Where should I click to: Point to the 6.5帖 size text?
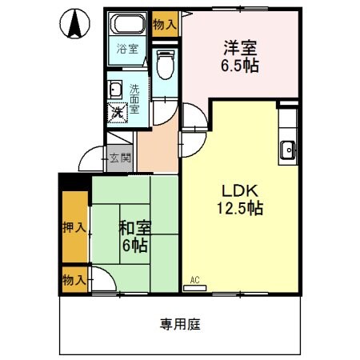(x=239, y=66)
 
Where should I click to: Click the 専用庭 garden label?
(x=179, y=324)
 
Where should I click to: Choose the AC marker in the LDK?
(x=194, y=281)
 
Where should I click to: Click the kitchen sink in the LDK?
(x=287, y=148)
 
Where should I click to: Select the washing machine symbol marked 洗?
(x=118, y=113)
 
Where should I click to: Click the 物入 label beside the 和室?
(x=74, y=280)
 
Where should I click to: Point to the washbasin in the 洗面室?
(x=115, y=89)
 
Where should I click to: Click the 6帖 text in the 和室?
(x=133, y=245)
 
